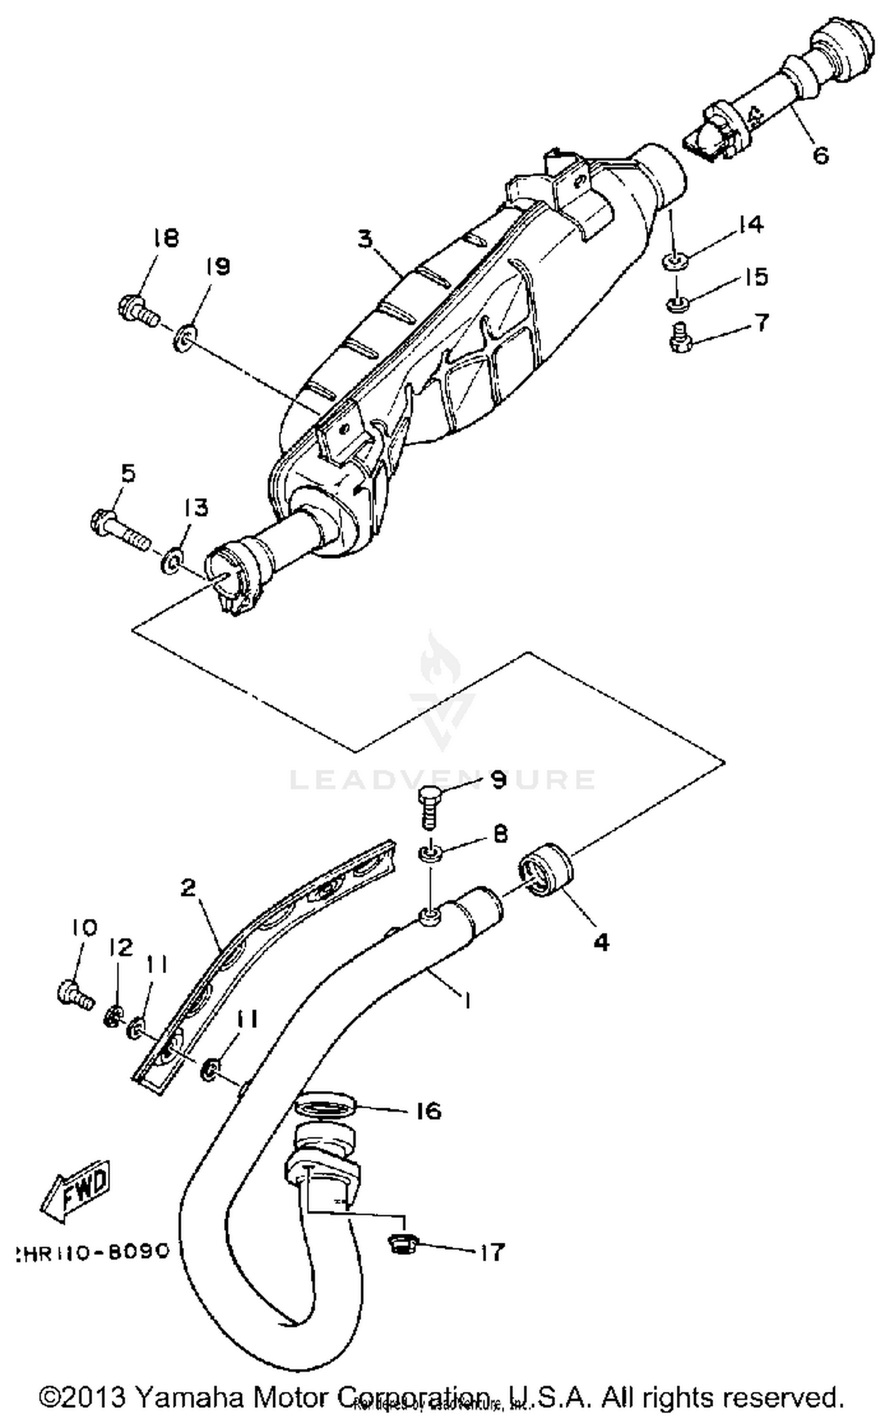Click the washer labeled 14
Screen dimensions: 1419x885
[x=673, y=260]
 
